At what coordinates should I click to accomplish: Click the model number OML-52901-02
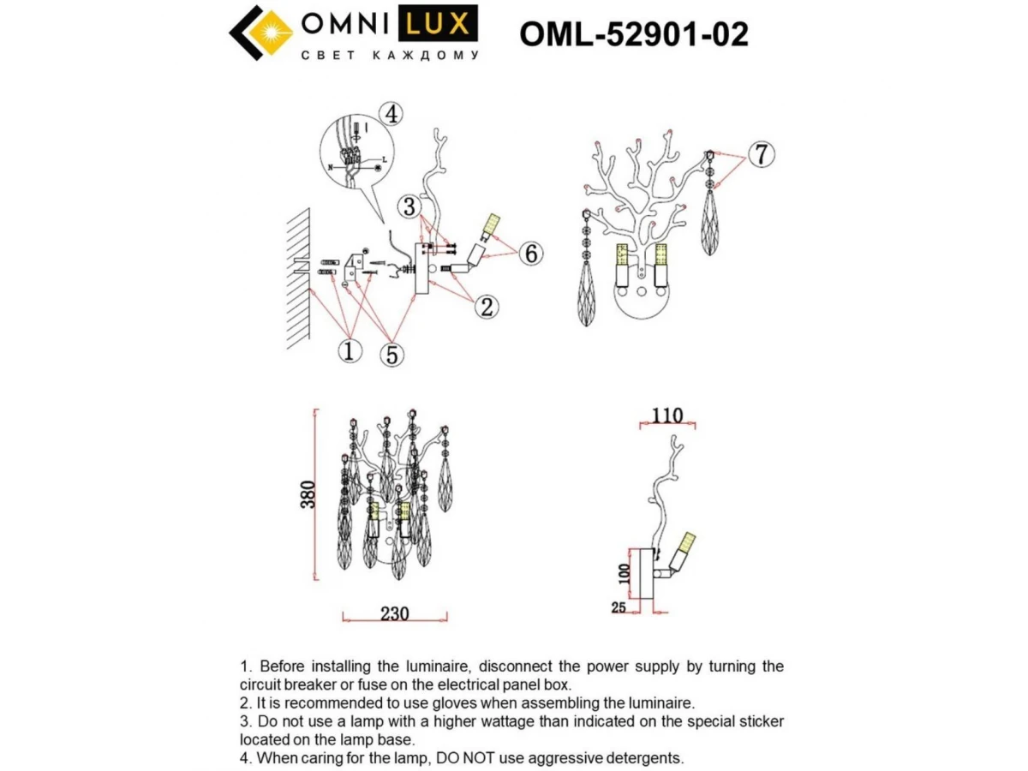point(634,34)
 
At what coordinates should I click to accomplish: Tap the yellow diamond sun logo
point(270,33)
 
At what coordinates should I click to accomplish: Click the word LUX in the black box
point(438,24)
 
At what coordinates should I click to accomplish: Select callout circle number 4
point(391,114)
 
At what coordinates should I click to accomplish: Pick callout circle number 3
point(409,207)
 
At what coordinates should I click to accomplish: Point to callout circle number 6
point(530,254)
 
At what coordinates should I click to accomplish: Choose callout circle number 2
point(487,307)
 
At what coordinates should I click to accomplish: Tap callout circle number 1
point(350,351)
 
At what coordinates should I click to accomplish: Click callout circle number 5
point(392,355)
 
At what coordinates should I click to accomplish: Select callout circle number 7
point(761,154)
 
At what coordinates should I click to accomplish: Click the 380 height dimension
point(308,494)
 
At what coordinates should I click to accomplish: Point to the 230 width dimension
point(394,613)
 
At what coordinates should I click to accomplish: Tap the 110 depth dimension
point(666,415)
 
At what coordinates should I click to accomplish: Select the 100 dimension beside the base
point(625,574)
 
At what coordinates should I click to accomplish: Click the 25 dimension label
point(619,607)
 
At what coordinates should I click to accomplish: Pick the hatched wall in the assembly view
point(298,279)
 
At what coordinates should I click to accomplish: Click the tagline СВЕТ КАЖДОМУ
point(390,55)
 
